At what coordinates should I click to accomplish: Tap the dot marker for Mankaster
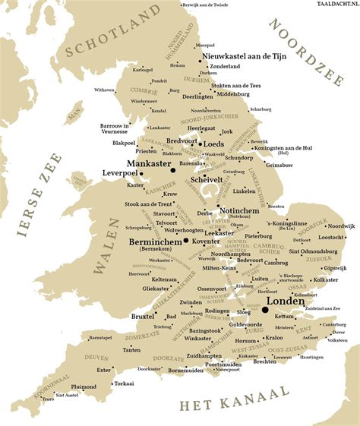173,171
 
